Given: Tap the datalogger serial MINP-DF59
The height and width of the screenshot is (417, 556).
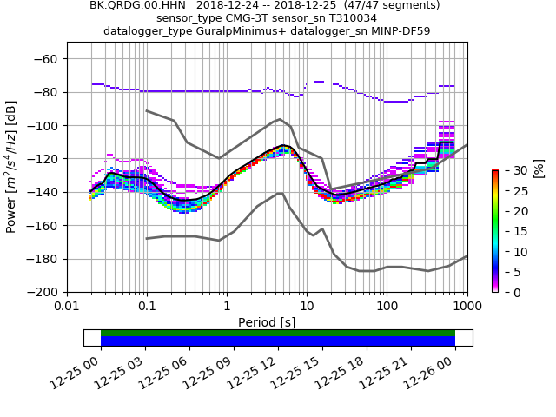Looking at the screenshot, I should coord(399,31).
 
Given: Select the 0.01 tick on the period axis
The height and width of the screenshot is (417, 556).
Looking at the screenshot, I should coord(67,306).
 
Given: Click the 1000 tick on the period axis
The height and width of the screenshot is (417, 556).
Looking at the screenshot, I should coord(467,306).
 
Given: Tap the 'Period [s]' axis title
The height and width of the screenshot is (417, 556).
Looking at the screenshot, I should coord(267,321).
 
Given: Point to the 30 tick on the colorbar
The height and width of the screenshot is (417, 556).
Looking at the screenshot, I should coord(509,169).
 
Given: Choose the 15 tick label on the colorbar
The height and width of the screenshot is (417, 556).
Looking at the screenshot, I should coord(509,231).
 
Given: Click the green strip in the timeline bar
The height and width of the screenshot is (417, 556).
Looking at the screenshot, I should coord(278,333).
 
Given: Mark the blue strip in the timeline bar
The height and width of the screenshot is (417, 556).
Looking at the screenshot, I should coord(278,341).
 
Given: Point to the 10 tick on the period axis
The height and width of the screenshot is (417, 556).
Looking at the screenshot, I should coord(307,306).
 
